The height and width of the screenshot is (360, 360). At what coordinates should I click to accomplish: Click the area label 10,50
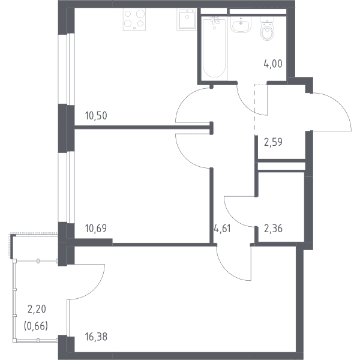(96, 116)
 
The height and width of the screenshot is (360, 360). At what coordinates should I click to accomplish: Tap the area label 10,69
(96, 229)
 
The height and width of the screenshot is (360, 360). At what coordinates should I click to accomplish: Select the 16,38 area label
(96, 337)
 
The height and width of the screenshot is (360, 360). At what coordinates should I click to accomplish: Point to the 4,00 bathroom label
(273, 64)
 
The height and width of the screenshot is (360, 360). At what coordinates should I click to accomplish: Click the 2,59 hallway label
(273, 142)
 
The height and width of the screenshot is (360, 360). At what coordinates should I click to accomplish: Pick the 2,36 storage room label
(273, 229)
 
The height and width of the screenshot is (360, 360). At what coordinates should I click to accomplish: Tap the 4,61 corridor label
(222, 229)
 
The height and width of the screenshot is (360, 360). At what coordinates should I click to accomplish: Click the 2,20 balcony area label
(37, 309)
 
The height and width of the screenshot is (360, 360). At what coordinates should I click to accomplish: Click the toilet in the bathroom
(267, 28)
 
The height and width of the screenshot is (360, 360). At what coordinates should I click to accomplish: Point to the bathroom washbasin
(241, 25)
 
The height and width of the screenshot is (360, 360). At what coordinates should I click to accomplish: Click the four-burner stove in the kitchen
(134, 19)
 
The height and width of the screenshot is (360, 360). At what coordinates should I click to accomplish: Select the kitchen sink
(187, 19)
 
